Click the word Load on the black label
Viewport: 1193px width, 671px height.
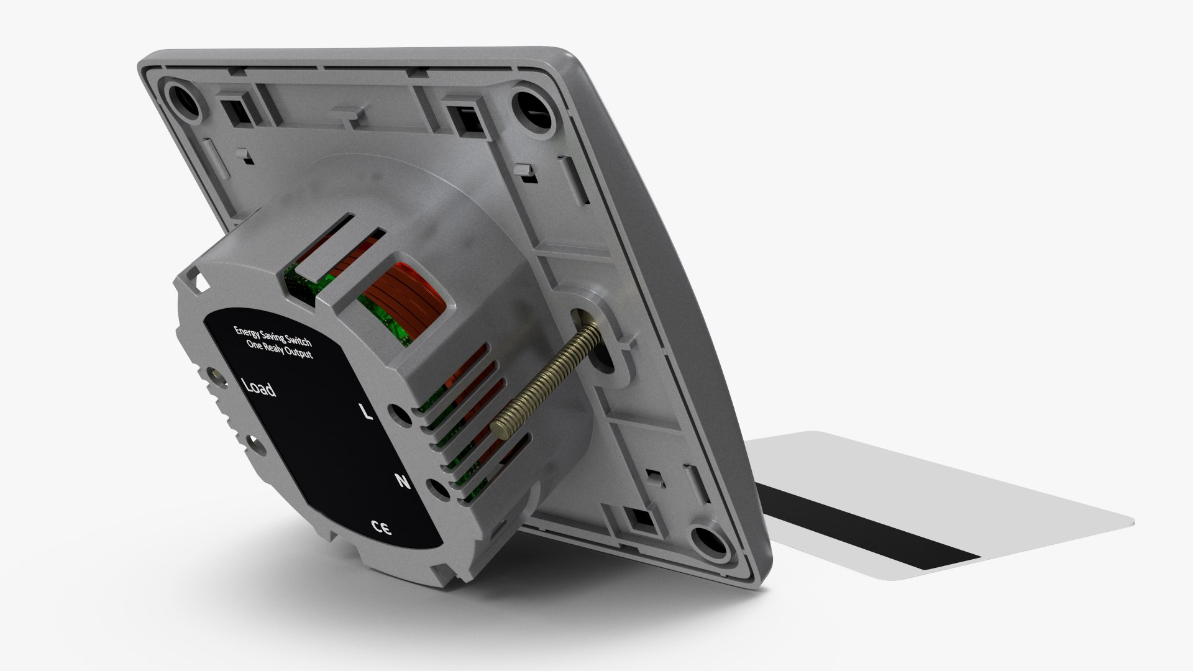tap(258, 388)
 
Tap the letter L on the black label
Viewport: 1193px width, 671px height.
tap(367, 411)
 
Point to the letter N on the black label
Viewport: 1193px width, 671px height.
tap(403, 481)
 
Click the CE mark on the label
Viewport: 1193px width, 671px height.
tap(380, 529)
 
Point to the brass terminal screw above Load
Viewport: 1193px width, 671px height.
tap(216, 375)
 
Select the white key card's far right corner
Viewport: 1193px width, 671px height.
tap(1132, 522)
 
